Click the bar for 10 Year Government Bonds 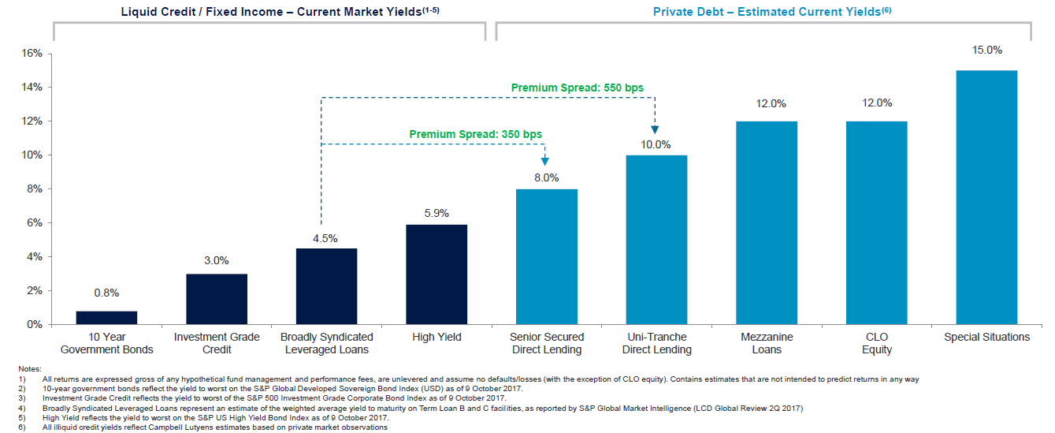pos(106,318)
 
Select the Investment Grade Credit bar pos(217,299)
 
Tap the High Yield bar pos(436,274)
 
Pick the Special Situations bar pos(986,197)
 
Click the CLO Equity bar pos(876,222)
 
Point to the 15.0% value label pos(986,50)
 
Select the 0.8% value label pos(106,293)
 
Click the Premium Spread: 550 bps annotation pos(578,88)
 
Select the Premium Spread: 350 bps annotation pos(476,134)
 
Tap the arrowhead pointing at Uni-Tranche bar pos(655,129)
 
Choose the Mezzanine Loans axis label pos(767,343)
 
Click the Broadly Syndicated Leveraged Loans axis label pos(326,343)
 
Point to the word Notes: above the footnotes pos(29,369)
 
